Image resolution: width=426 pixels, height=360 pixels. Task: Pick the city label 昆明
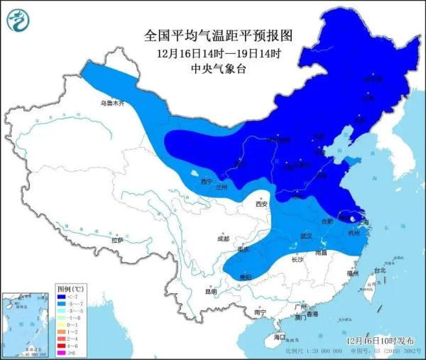tap(211, 291)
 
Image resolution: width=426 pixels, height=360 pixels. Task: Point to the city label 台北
tap(379, 270)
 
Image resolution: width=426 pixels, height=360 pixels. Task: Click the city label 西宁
tap(207, 182)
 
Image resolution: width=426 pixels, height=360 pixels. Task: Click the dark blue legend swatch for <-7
tap(62, 298)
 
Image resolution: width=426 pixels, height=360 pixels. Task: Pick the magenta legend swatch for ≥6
tap(62, 352)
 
